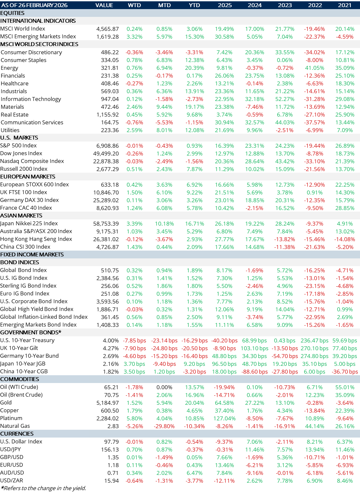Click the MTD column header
coord(164,5)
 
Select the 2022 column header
coord(315,5)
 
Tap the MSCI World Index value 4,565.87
coord(107,29)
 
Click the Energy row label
coord(9,68)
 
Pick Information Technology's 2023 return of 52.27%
coord(285,99)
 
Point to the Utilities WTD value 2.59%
coord(134,130)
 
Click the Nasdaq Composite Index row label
coord(32,161)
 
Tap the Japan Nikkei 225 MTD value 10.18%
coord(164,224)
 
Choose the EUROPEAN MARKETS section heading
coord(28,177)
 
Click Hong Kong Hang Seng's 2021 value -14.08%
coord(344,239)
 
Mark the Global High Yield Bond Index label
coord(37,309)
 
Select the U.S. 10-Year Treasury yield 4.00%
coord(111,340)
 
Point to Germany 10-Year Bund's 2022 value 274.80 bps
coord(315,356)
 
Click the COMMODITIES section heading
coord(19,379)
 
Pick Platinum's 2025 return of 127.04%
coord(224,418)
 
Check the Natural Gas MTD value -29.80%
coord(164,426)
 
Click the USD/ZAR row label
coord(12,481)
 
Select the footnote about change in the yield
coord(43,488)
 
